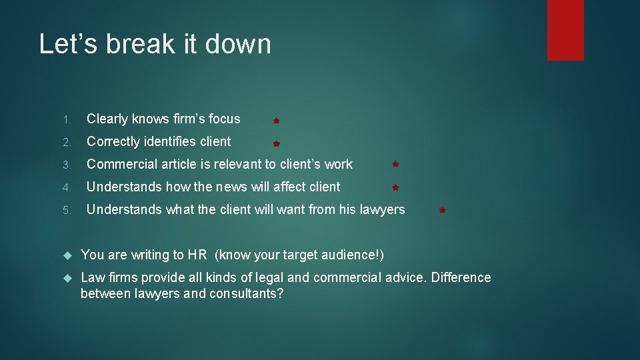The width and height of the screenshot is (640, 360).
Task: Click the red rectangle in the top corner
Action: pos(565,30)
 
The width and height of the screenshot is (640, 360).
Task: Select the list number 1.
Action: pos(67,120)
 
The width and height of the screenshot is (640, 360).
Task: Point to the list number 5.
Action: pos(67,211)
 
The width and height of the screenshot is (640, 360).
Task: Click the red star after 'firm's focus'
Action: pos(275,121)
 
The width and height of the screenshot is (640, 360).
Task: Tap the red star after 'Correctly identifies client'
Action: pos(275,143)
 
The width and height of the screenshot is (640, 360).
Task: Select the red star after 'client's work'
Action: pos(395,163)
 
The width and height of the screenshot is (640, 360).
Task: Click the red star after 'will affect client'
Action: pos(395,189)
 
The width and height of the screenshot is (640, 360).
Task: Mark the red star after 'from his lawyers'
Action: pos(442,211)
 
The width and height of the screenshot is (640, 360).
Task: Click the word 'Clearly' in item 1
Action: pos(107,119)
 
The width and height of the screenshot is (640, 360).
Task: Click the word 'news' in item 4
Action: pos(210,187)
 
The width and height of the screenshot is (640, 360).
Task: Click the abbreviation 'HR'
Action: pos(197,255)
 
